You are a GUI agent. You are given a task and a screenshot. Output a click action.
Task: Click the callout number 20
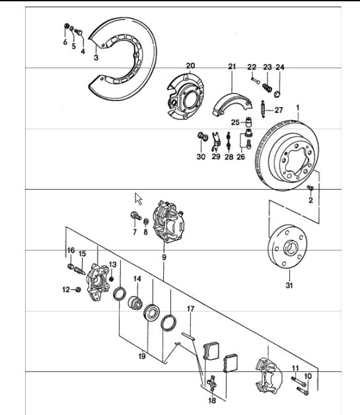[x=190, y=65]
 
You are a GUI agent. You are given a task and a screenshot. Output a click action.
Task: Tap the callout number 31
[x=289, y=285]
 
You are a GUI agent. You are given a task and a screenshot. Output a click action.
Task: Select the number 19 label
[x=142, y=356]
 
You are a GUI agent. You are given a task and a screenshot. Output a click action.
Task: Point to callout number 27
[x=279, y=110]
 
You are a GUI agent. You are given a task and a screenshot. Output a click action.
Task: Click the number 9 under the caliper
[x=164, y=257]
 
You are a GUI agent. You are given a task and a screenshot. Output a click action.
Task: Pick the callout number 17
[x=190, y=309]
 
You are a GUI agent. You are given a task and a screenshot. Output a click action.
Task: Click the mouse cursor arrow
[x=138, y=198]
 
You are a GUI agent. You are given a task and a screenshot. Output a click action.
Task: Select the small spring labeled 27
[x=263, y=109]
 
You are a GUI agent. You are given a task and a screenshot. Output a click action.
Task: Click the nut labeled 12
[x=78, y=289]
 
